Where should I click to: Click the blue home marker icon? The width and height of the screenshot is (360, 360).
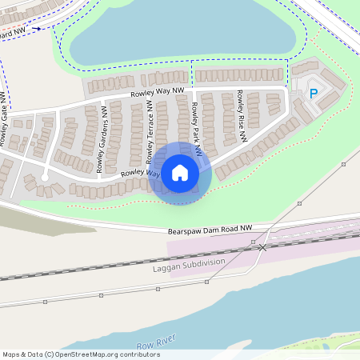(180, 173)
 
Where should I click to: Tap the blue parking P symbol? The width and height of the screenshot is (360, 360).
(314, 94)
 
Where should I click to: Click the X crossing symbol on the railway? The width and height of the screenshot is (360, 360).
(262, 247)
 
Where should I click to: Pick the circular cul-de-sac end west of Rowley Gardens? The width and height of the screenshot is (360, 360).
(45, 175)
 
